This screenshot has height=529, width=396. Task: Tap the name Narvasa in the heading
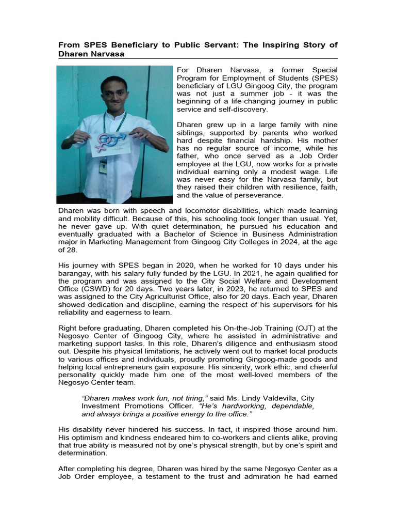[x=106, y=54]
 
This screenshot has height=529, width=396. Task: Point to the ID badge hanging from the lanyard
[x=103, y=167]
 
